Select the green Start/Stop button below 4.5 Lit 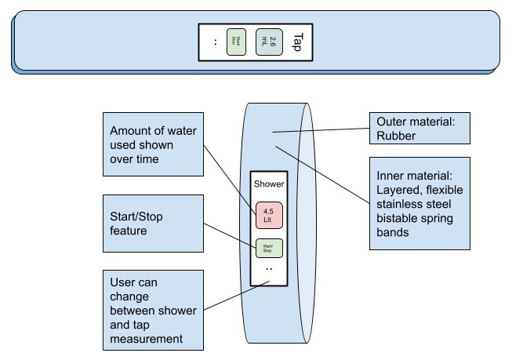tap(267, 248)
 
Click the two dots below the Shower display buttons tap(268, 268)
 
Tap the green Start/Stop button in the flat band tap(235, 41)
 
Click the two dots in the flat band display tap(215, 41)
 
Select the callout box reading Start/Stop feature tap(153, 224)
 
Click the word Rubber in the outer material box tap(394, 134)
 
